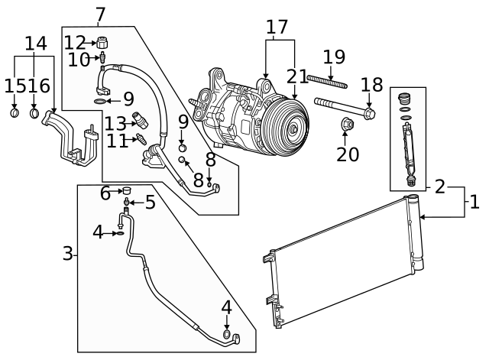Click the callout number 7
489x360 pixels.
(x=101, y=14)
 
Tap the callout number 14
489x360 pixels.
(x=35, y=44)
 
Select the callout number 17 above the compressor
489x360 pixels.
(x=280, y=27)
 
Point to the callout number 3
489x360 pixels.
(x=68, y=253)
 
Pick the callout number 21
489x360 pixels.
(x=296, y=76)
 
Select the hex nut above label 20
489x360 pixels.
(x=345, y=123)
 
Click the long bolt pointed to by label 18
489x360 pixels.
(x=344, y=107)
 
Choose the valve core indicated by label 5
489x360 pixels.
(x=127, y=203)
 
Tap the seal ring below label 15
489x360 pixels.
(x=15, y=115)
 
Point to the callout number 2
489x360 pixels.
(x=440, y=186)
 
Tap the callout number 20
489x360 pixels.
(x=348, y=154)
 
